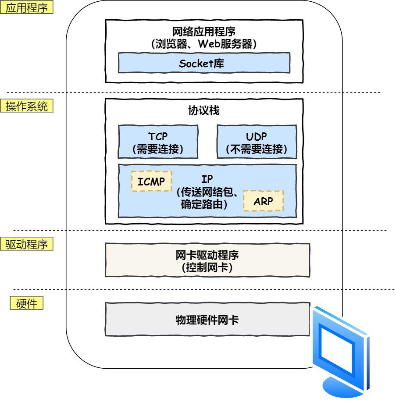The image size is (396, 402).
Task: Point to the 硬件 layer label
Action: (26, 304)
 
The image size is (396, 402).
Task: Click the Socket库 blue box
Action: (204, 63)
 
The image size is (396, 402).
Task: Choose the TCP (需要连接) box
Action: (157, 142)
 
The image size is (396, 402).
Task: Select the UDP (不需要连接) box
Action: (257, 142)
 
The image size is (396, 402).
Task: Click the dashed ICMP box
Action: (151, 181)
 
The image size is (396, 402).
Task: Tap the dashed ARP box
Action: (263, 201)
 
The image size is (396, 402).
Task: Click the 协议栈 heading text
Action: (204, 111)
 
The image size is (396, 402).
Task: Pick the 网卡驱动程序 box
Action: (207, 260)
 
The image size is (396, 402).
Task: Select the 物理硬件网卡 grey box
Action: (207, 320)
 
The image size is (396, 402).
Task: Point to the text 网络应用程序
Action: (204, 32)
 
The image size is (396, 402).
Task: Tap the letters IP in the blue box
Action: (207, 179)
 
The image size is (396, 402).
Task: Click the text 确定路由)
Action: (204, 204)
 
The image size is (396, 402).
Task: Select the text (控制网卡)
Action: (207, 268)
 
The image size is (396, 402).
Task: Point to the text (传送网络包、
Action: (207, 192)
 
